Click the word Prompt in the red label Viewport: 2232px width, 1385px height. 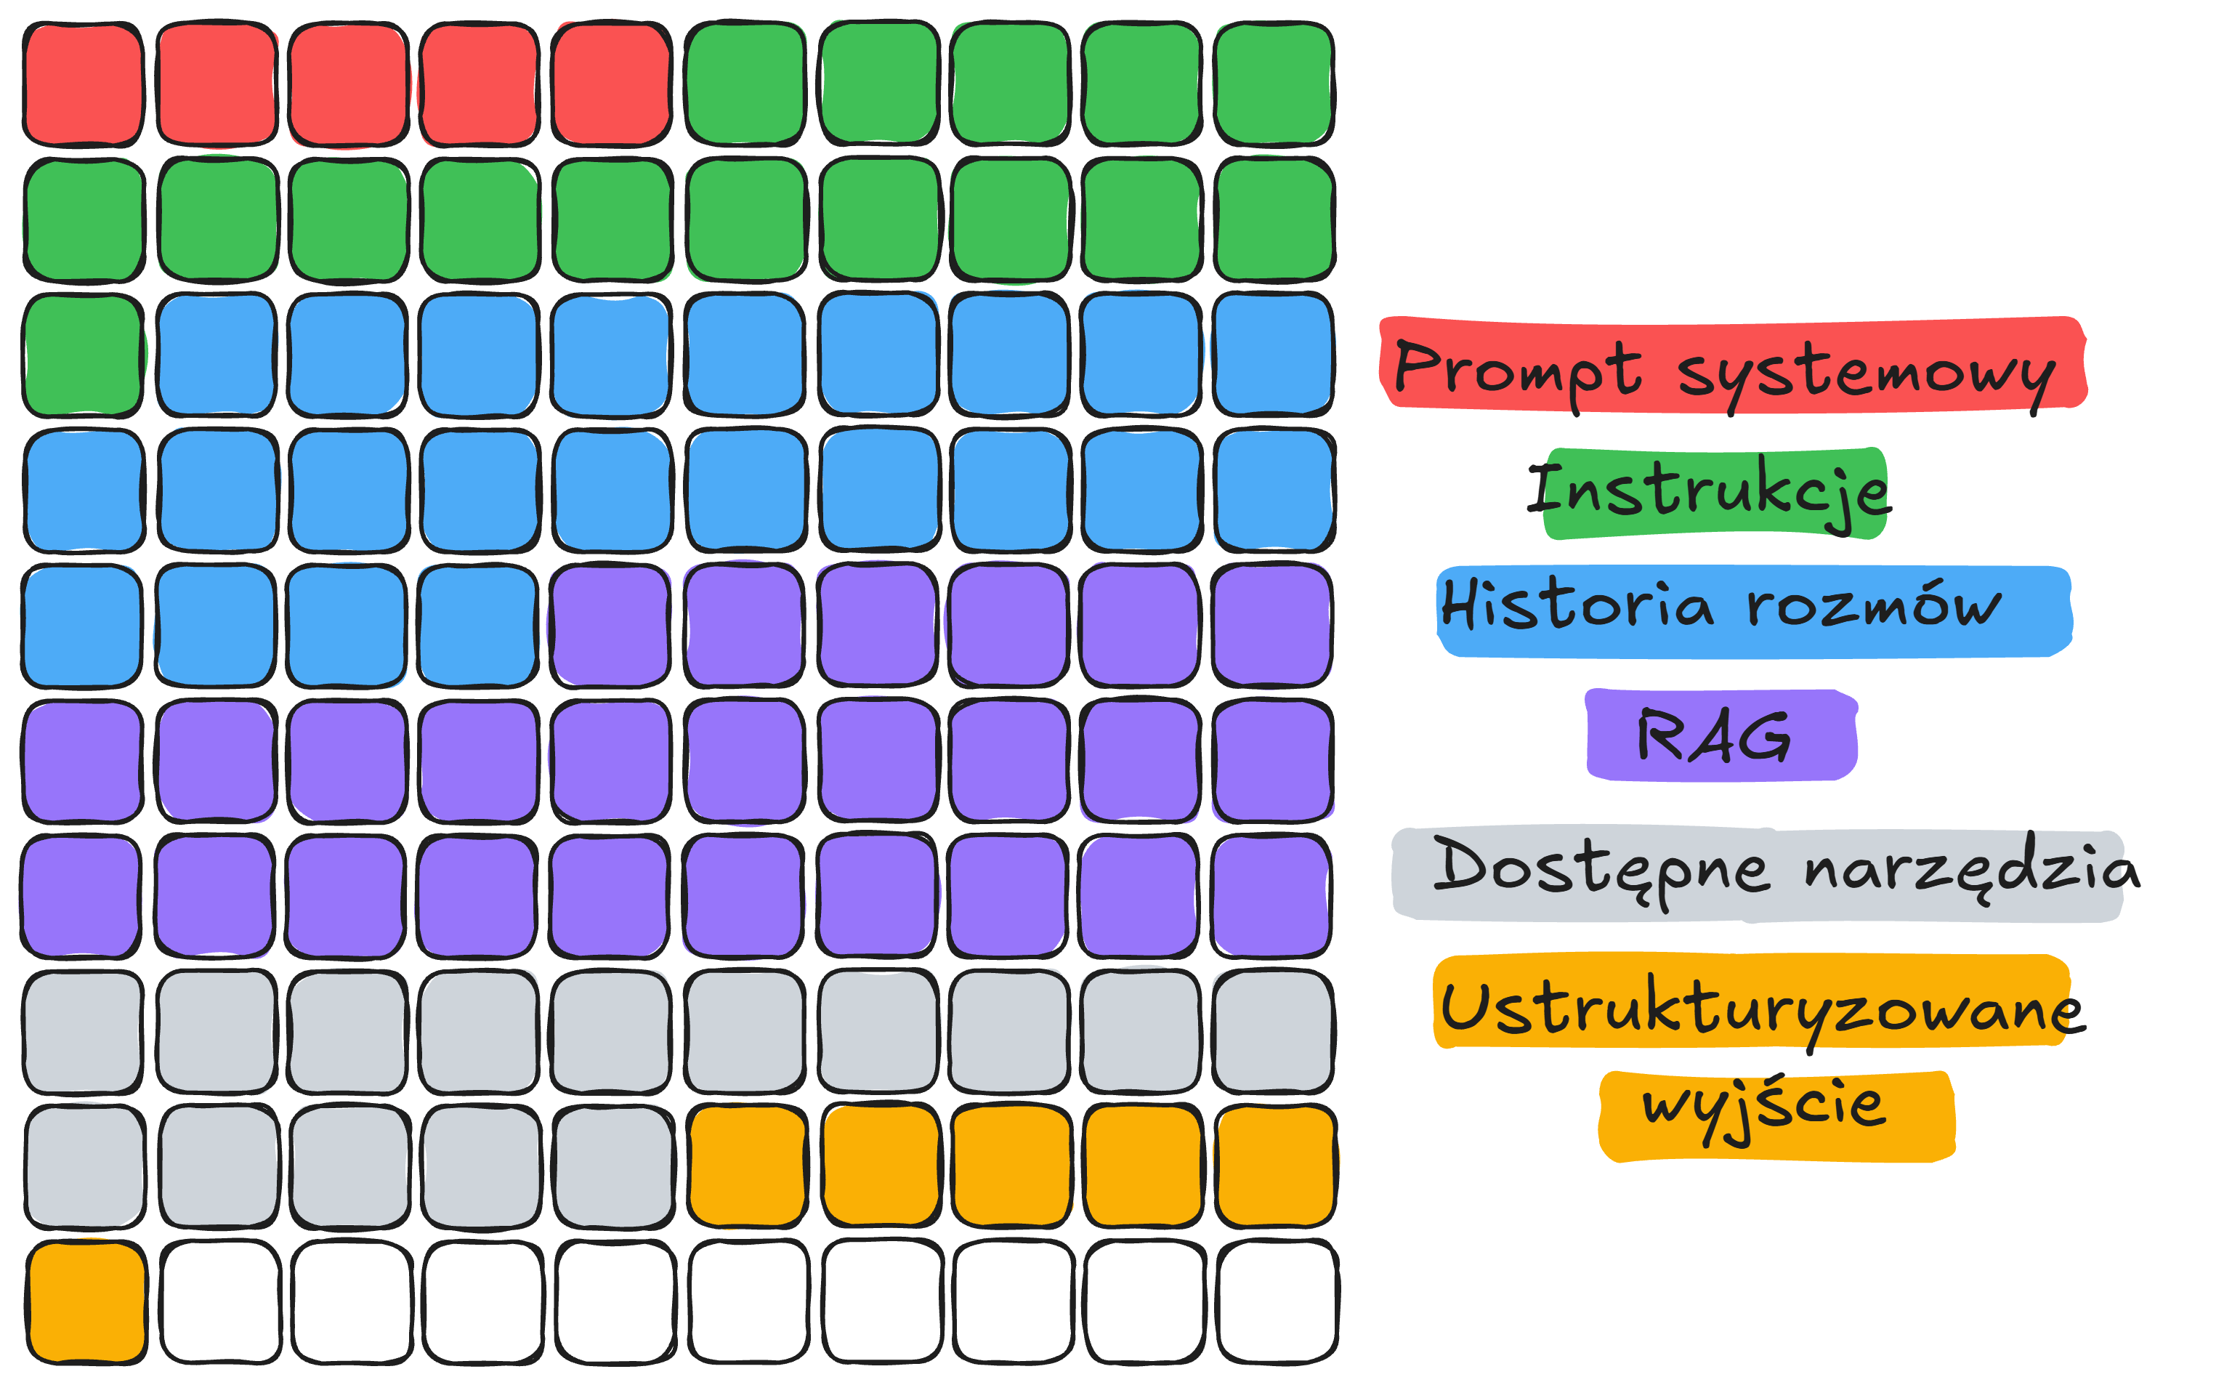tap(1516, 369)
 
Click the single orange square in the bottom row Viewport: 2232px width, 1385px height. tap(85, 1301)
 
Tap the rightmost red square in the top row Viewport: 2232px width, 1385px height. tap(611, 84)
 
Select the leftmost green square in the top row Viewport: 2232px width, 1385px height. tap(745, 84)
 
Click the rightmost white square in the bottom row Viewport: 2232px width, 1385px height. tap(1276, 1301)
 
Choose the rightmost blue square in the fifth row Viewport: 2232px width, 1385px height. tap(478, 626)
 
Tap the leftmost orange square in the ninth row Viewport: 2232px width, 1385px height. tap(746, 1166)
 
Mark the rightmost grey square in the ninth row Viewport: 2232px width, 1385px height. tap(612, 1166)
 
